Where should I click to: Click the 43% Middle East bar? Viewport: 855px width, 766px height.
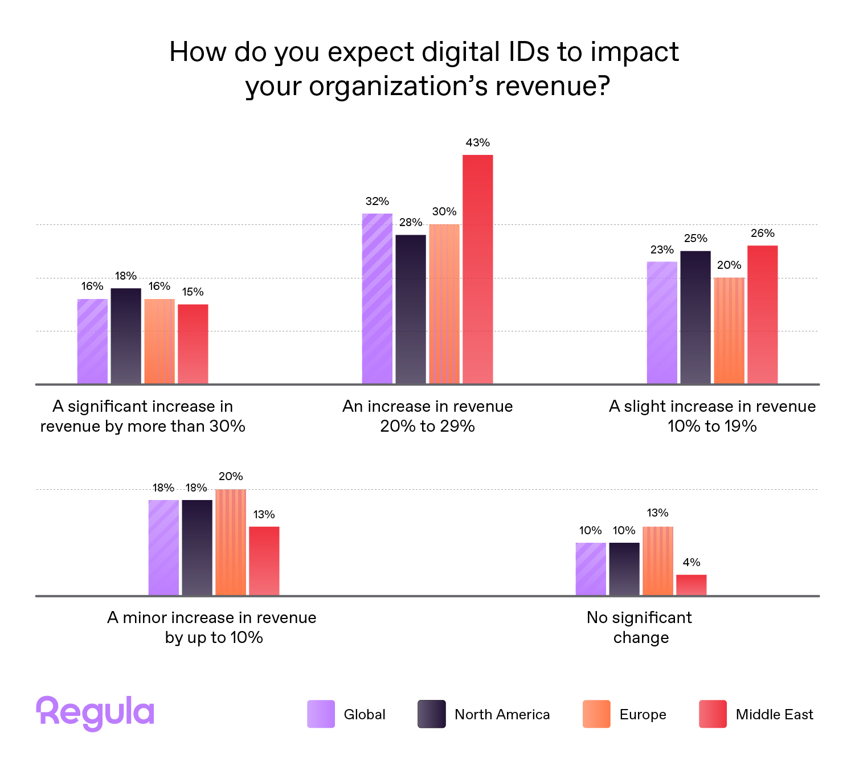[477, 269]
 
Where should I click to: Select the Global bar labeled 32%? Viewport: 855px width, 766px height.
[377, 298]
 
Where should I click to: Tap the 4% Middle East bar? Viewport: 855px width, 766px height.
[691, 585]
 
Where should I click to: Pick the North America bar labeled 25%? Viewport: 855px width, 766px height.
[696, 317]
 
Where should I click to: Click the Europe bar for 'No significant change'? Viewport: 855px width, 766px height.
[658, 561]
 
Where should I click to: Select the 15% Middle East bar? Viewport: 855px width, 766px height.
[193, 344]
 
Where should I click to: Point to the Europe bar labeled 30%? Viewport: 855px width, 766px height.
[444, 304]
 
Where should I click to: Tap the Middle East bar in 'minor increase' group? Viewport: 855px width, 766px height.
[264, 561]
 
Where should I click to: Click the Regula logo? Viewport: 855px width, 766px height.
[95, 712]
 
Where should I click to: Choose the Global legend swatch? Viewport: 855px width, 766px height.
[321, 714]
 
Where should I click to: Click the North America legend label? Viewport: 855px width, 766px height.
[502, 715]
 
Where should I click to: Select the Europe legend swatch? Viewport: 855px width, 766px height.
[596, 714]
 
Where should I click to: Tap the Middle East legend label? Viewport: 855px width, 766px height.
[774, 715]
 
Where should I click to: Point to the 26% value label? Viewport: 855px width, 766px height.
[762, 234]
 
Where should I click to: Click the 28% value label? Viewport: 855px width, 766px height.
[411, 223]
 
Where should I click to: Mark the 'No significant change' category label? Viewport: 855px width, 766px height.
[640, 627]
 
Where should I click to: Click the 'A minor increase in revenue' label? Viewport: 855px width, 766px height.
[212, 618]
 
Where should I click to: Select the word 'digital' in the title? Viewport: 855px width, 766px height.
[460, 52]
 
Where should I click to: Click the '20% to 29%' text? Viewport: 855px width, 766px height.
[427, 427]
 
